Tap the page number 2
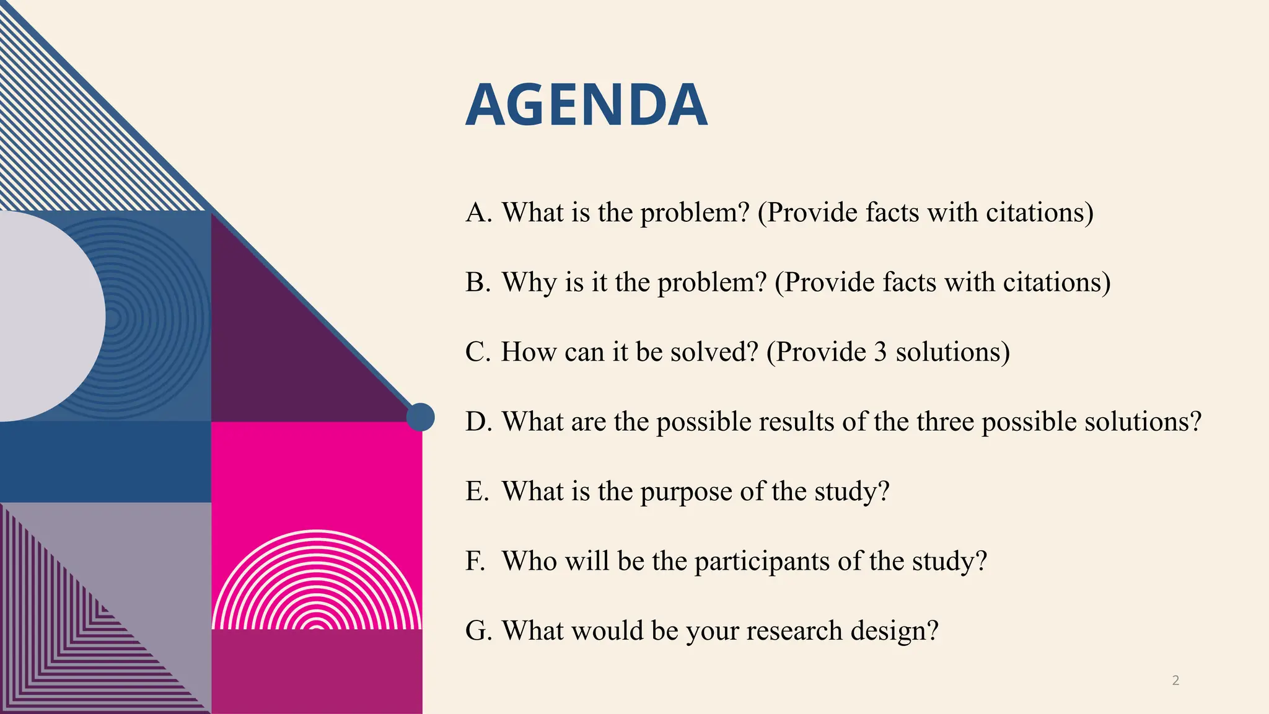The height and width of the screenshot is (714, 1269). [x=1175, y=681]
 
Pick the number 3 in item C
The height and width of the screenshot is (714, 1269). [x=880, y=352]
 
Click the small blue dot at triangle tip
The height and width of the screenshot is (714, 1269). [x=420, y=417]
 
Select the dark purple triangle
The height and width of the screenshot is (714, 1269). [x=273, y=347]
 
